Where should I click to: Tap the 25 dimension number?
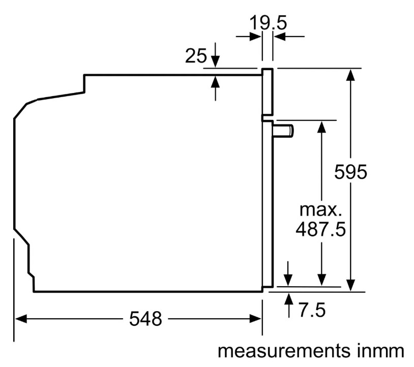[x=196, y=56]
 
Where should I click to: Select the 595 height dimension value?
[x=350, y=173]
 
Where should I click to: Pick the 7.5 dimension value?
[x=312, y=310]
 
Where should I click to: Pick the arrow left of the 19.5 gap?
[x=254, y=37]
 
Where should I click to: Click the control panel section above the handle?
[x=268, y=91]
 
